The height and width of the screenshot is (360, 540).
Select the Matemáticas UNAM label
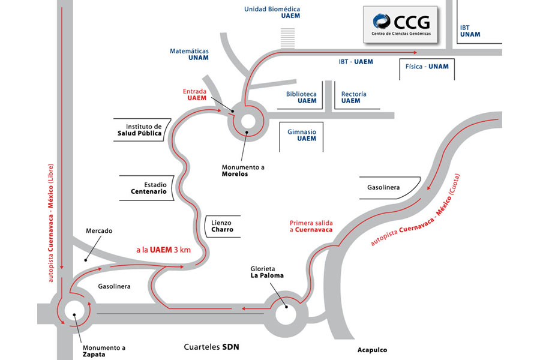(x=189, y=56)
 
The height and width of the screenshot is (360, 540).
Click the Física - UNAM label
(x=427, y=67)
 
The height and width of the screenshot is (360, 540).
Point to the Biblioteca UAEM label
(x=301, y=97)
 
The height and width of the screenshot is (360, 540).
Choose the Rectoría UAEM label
(x=354, y=97)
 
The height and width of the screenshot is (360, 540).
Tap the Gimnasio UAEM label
(x=302, y=135)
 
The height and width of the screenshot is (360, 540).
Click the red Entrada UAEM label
(x=194, y=95)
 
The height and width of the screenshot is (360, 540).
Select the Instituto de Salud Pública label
(x=140, y=130)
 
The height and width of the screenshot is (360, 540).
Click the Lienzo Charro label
(x=221, y=226)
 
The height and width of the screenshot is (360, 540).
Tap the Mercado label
(x=99, y=230)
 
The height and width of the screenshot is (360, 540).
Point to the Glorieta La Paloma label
(x=266, y=272)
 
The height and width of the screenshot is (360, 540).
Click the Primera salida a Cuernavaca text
(x=311, y=226)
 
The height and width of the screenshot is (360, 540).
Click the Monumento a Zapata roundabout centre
(x=74, y=310)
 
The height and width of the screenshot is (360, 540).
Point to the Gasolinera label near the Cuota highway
(x=383, y=188)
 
